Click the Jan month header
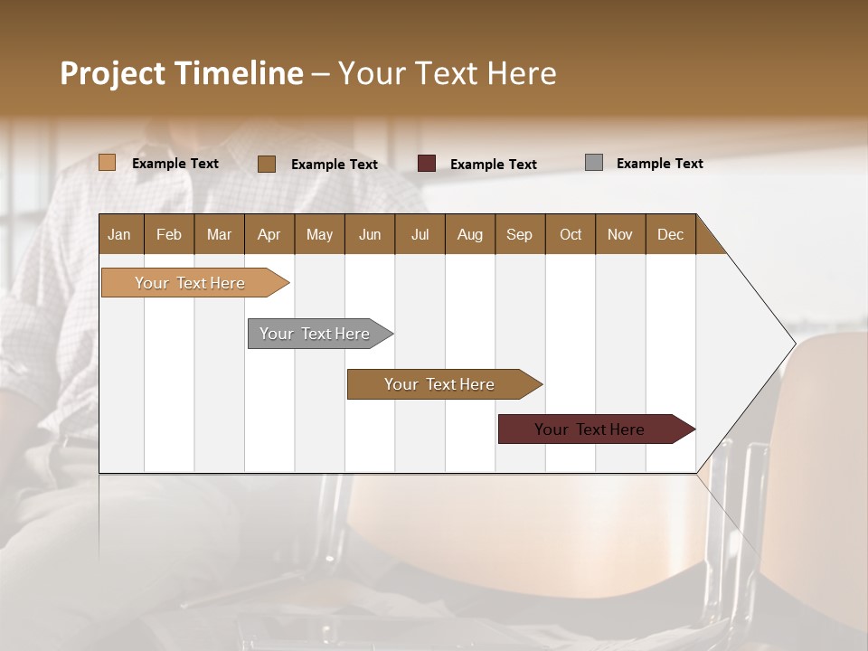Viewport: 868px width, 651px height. point(119,234)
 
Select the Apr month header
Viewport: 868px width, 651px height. point(269,234)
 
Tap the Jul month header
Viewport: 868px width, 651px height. point(420,234)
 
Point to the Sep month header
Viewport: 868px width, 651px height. point(519,234)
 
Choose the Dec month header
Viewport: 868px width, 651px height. point(670,234)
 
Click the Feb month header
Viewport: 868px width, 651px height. point(169,234)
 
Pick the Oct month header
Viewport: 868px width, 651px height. point(571,234)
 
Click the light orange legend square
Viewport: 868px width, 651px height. point(108,163)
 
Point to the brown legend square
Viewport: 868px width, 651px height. point(267,164)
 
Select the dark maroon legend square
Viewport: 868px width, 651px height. point(427,164)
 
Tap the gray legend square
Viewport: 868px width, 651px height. point(594,163)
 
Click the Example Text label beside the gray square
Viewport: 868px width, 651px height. point(659,164)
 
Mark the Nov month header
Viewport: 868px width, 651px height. point(620,234)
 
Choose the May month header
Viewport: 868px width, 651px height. point(319,234)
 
